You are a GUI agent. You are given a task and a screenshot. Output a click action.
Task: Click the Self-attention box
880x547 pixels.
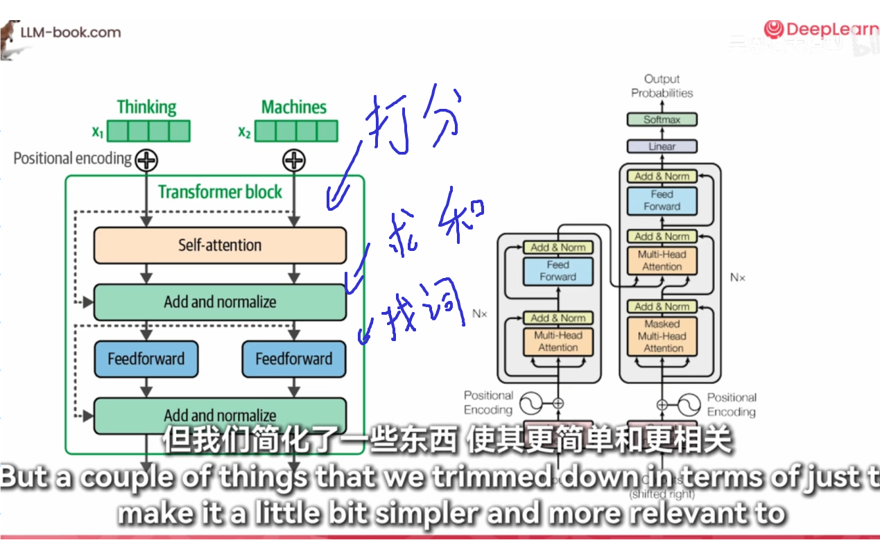pos(220,245)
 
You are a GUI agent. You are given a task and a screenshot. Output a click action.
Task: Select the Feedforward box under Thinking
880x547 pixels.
pos(146,359)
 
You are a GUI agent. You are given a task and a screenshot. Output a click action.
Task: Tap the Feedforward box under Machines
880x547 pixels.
pos(293,359)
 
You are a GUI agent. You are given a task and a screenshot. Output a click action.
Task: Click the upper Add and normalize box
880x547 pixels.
pos(220,302)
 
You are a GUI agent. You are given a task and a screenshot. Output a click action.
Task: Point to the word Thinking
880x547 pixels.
pos(146,107)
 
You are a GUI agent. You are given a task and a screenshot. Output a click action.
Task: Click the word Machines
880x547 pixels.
pos(294,107)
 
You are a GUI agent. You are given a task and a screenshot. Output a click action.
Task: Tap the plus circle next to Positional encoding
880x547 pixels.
pos(146,161)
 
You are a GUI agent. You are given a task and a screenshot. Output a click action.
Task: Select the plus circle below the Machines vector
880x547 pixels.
pos(294,161)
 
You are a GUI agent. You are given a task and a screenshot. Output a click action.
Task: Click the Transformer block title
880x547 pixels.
pos(220,192)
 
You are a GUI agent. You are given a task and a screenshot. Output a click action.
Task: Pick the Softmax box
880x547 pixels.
pos(662,120)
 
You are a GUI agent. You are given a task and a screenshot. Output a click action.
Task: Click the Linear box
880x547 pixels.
pos(662,147)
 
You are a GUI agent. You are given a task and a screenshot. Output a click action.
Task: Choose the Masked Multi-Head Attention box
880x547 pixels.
pos(662,336)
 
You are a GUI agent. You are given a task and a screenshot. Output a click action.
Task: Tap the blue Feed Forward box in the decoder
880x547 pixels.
pos(662,200)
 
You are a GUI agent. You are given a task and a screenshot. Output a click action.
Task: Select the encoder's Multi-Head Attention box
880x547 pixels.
pos(558,342)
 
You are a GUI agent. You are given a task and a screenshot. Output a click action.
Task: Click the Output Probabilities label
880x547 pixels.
pos(662,86)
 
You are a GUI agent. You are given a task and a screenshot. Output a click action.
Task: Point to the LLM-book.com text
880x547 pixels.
pos(70,33)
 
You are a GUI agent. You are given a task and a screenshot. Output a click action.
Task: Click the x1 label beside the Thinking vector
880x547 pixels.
pos(98,131)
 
